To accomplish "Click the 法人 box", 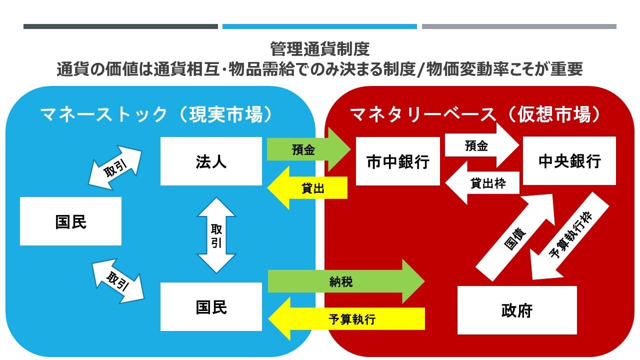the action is click(x=211, y=161).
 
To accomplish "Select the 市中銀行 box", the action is click(x=397, y=161).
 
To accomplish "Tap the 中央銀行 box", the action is click(x=569, y=161).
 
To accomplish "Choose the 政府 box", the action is click(x=517, y=310).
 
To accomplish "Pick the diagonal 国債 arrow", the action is click(x=515, y=237).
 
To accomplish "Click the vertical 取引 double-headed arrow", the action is click(x=216, y=235).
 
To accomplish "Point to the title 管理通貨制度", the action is click(x=319, y=49).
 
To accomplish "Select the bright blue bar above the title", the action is click(x=319, y=26).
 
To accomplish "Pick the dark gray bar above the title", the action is click(x=120, y=26).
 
